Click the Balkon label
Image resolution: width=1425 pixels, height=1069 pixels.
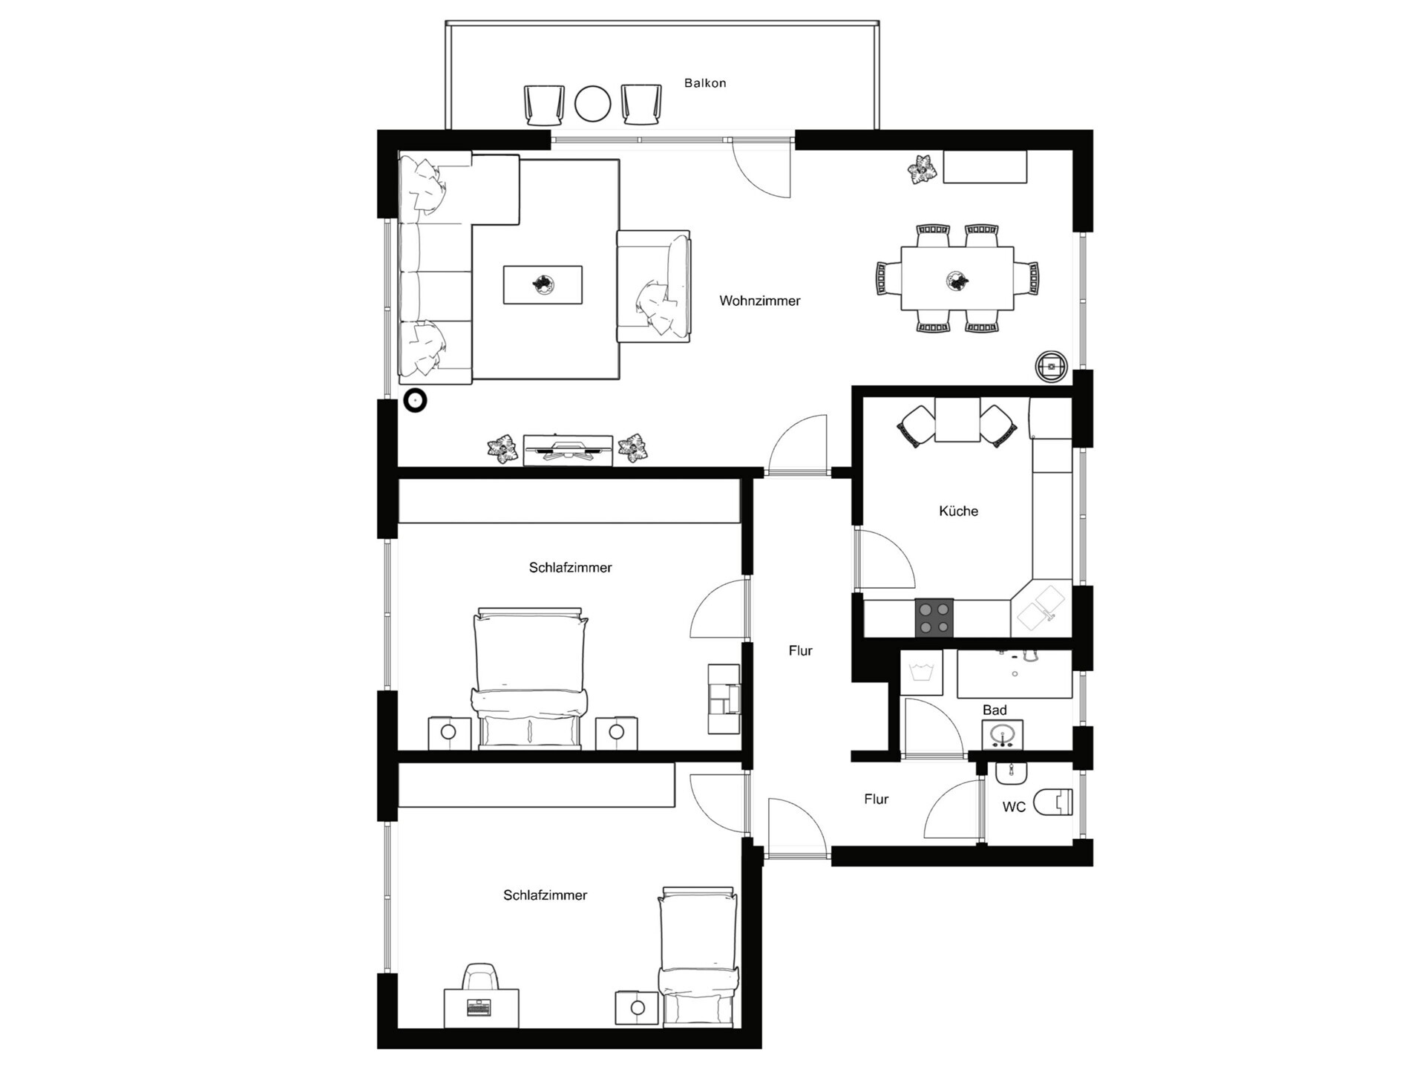pos(705,83)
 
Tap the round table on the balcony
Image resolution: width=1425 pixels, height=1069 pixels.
pos(593,104)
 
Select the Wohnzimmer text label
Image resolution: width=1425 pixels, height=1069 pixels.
pos(760,301)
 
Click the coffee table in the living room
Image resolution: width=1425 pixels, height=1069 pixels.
pos(543,285)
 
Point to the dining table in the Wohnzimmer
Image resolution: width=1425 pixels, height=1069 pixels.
pos(957,279)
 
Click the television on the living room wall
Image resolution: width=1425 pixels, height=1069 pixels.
pos(569,450)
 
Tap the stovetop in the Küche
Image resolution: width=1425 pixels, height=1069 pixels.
pos(934,618)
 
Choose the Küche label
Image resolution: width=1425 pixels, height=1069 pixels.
pos(958,511)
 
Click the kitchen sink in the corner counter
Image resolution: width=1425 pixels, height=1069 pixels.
pos(1041,607)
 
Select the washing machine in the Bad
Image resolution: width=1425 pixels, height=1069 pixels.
pos(921,673)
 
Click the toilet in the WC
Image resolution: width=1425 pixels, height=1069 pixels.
pos(1053,802)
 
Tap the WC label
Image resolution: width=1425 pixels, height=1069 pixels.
pos(1014,807)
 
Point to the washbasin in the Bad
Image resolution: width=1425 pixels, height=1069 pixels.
pos(1002,736)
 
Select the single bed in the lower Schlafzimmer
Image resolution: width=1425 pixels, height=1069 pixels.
pos(698,957)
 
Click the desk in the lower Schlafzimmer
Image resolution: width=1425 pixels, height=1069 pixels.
pos(481,1007)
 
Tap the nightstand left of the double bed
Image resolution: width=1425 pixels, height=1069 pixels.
pos(449,733)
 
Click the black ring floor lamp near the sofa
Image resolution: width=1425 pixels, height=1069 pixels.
pos(415,401)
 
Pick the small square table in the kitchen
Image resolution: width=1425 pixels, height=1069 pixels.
pos(957,420)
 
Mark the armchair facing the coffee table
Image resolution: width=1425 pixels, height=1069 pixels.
pos(654,287)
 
